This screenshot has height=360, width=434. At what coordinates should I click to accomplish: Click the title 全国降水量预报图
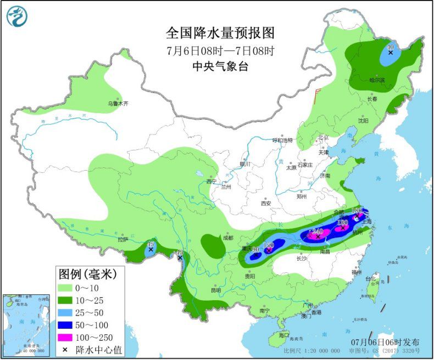pyautogui.click(x=220, y=33)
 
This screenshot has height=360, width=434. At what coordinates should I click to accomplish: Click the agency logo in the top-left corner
pyautogui.click(x=17, y=17)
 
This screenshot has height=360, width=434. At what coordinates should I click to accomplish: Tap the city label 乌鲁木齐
pyautogui.click(x=117, y=103)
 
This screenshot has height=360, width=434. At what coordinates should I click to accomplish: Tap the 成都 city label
pyautogui.click(x=227, y=238)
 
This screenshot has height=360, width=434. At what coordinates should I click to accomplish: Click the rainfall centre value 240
pyautogui.click(x=318, y=232)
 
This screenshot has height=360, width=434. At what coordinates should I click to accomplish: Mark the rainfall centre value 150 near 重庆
pyautogui.click(x=269, y=245)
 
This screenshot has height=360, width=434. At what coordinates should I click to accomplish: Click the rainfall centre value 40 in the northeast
pyautogui.click(x=391, y=48)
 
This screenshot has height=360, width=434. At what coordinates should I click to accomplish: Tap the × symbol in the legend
pyautogui.click(x=65, y=348)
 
